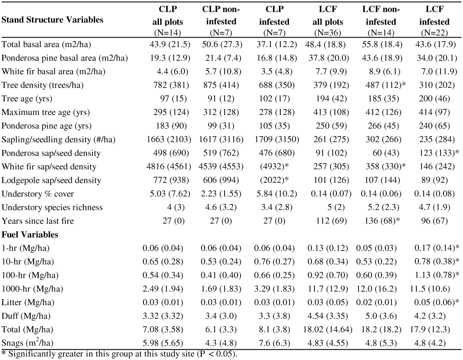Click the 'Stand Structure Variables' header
(x=52, y=20)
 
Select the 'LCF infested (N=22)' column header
(x=434, y=21)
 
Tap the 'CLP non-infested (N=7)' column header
(x=221, y=21)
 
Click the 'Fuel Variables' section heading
(x=30, y=235)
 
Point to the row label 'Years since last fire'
(x=38, y=221)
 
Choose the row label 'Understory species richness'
(x=52, y=207)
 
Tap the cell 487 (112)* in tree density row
(x=384, y=85)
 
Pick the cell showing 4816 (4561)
(x=168, y=167)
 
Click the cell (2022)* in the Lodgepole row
(x=274, y=180)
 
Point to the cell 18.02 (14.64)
(x=328, y=330)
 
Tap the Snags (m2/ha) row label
(x=28, y=343)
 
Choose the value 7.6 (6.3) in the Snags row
(x=275, y=343)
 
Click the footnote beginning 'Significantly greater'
(x=119, y=354)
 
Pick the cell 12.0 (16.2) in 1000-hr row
(x=381, y=289)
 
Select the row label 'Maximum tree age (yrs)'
(x=46, y=112)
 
